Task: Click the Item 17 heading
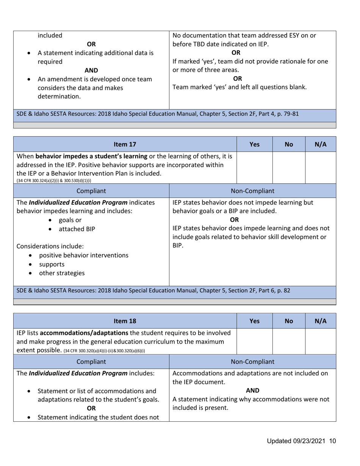125,144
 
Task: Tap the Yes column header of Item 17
255,144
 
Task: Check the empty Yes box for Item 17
255,167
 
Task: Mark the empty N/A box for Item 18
321,341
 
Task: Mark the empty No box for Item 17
289,167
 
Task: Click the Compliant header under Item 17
91,191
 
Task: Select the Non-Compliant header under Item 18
253,362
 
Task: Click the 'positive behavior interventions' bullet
84,255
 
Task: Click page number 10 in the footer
333,441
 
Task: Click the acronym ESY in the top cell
293,36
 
